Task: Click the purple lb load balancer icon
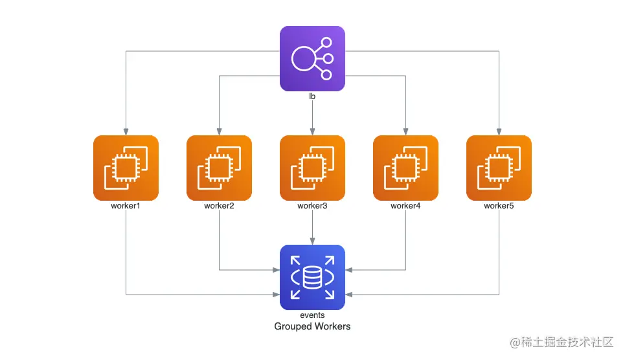click(312, 58)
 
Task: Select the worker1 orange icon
click(126, 168)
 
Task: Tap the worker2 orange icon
click(219, 168)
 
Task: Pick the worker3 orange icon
click(312, 168)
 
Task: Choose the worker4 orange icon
click(405, 168)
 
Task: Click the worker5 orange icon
click(499, 168)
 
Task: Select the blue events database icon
click(312, 278)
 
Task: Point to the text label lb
click(312, 96)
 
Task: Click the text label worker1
click(126, 206)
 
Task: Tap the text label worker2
click(219, 206)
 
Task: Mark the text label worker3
click(312, 206)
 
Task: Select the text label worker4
click(405, 206)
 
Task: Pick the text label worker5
click(499, 206)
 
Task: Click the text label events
click(312, 315)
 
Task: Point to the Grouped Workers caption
click(312, 326)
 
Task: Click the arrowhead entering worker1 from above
click(126, 131)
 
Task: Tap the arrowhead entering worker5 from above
click(499, 131)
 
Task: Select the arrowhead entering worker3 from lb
click(312, 131)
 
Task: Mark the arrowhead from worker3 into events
click(312, 242)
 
